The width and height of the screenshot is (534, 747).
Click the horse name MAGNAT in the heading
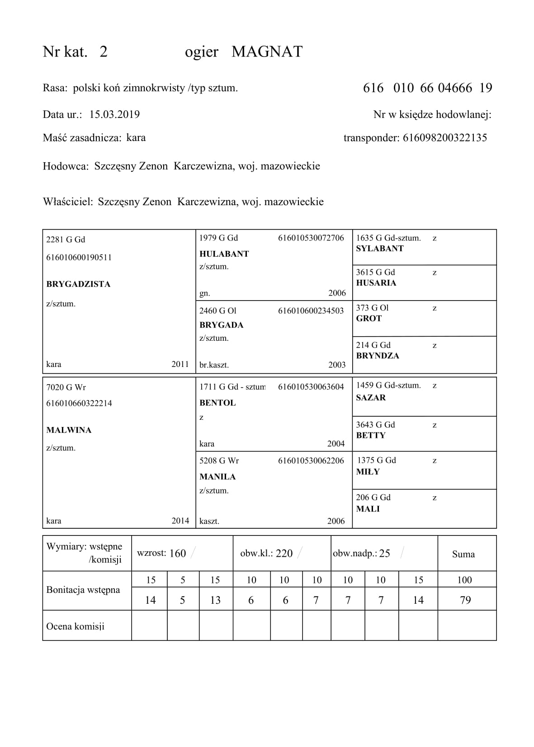(x=267, y=52)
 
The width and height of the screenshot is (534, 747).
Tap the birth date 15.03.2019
(x=114, y=114)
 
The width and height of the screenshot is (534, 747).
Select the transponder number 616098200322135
(x=444, y=138)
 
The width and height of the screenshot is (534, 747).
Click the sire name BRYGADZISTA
(x=78, y=284)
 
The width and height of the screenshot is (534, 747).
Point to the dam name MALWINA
(x=69, y=430)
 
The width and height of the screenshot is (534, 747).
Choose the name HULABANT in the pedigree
(x=224, y=254)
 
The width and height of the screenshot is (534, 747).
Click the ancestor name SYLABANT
(x=379, y=249)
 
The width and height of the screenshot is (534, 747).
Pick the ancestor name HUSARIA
(x=376, y=283)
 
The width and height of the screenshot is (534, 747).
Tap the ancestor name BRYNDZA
(x=378, y=356)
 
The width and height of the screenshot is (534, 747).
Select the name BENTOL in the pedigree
(x=217, y=403)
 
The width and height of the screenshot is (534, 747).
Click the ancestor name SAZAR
(x=371, y=398)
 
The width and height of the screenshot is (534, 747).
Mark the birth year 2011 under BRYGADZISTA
(x=180, y=364)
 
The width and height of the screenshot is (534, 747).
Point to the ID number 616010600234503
(x=311, y=311)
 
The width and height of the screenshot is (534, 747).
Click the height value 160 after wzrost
(x=178, y=554)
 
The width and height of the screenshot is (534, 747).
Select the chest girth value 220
(x=284, y=554)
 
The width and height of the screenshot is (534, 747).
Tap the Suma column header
(x=463, y=554)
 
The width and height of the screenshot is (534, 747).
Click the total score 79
(x=465, y=600)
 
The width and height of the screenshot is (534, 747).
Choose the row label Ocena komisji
(x=75, y=626)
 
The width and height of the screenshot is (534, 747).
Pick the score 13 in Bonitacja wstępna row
(x=215, y=600)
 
